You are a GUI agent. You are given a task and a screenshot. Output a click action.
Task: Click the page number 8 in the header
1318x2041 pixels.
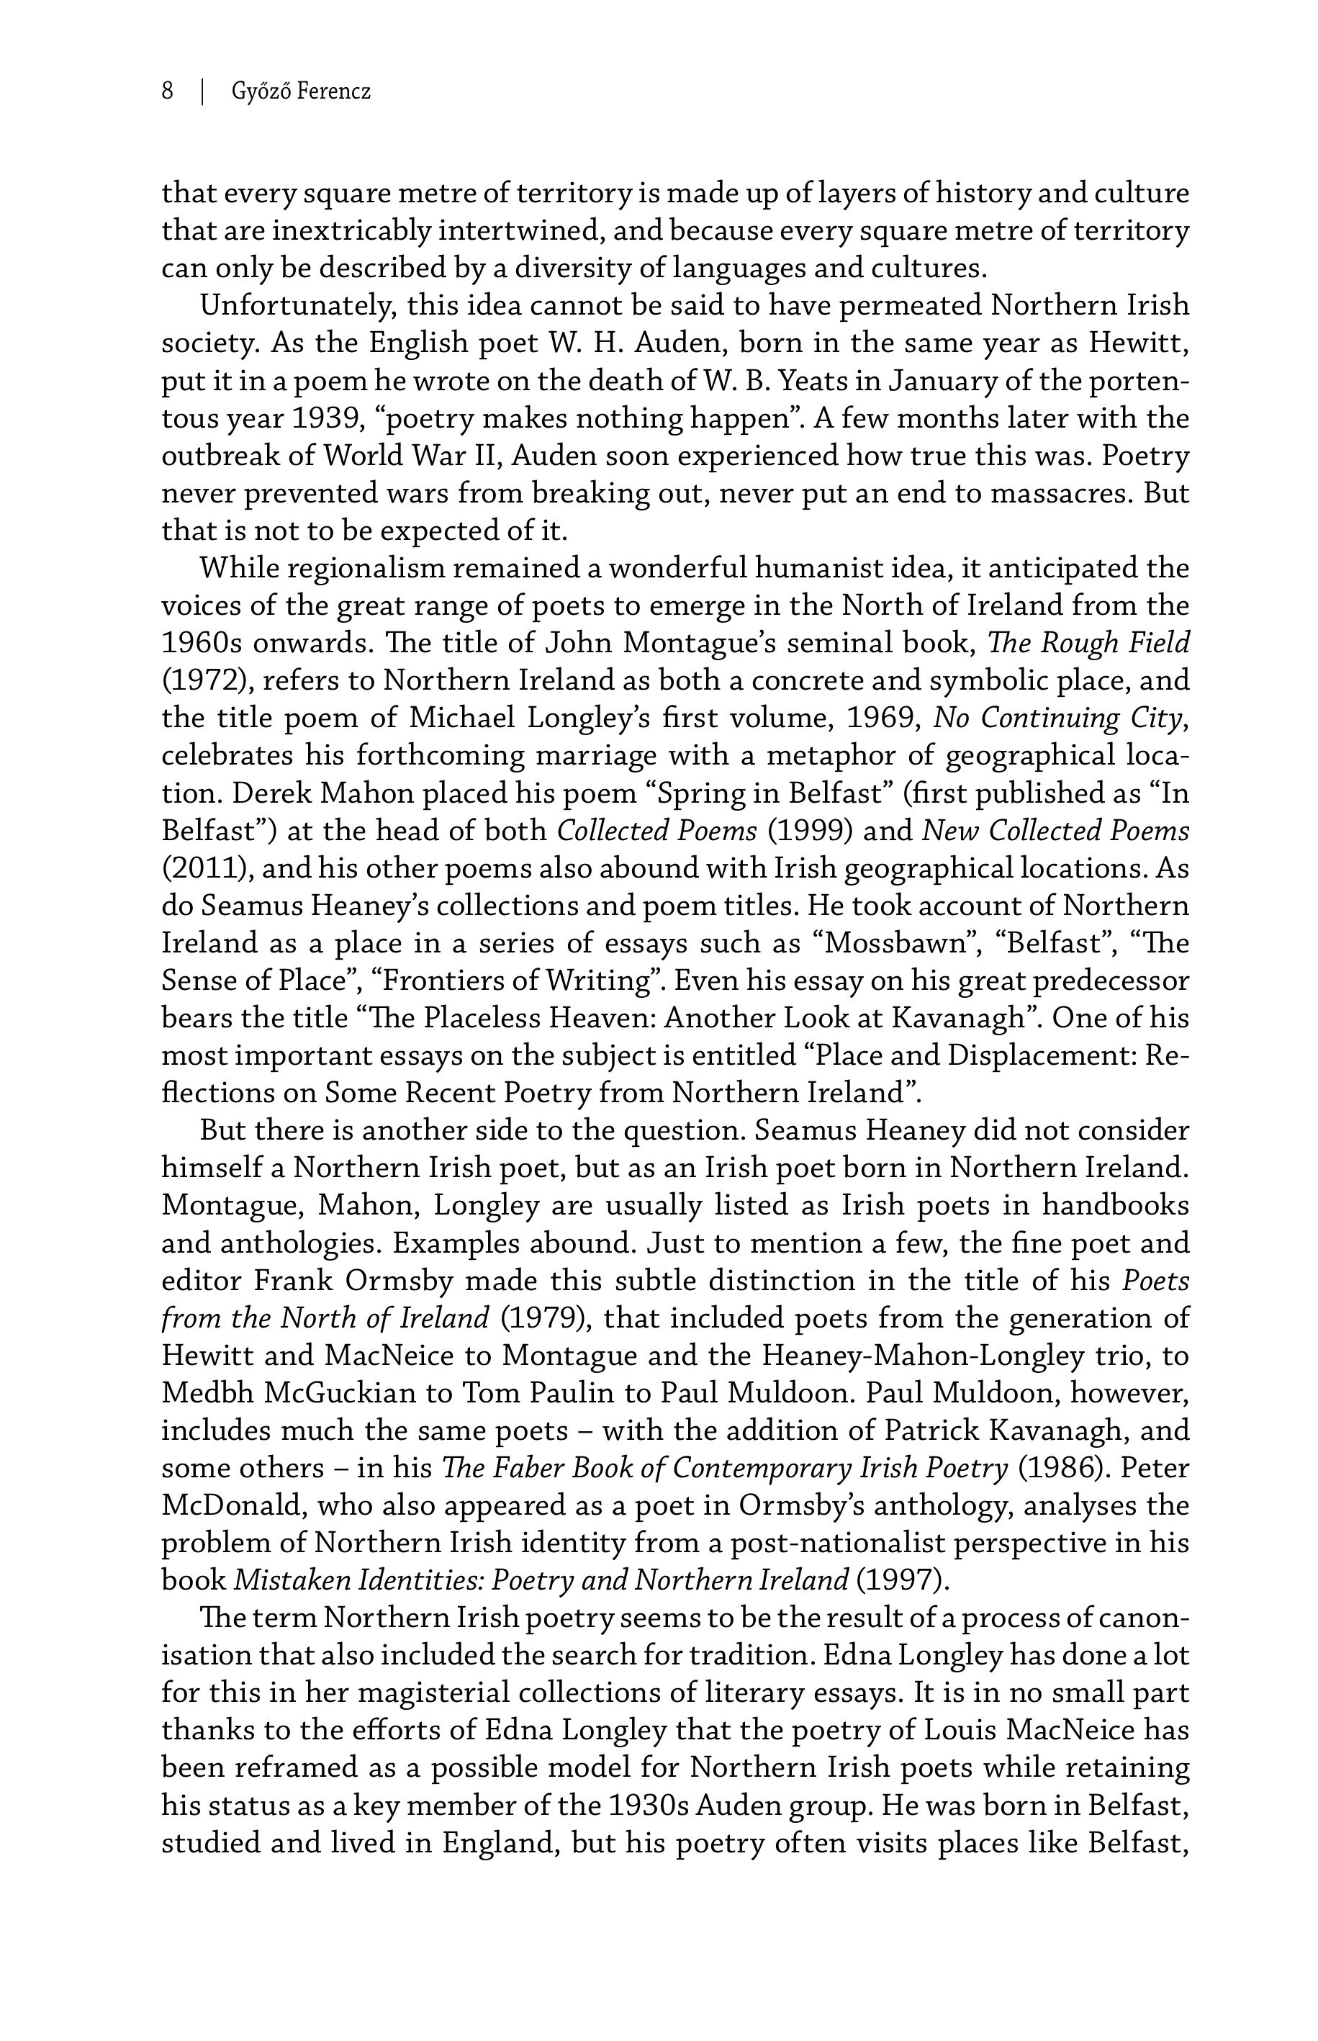pyautogui.click(x=168, y=91)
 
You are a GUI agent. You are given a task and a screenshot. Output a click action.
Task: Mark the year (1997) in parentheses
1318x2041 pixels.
pyautogui.click(x=902, y=1580)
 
